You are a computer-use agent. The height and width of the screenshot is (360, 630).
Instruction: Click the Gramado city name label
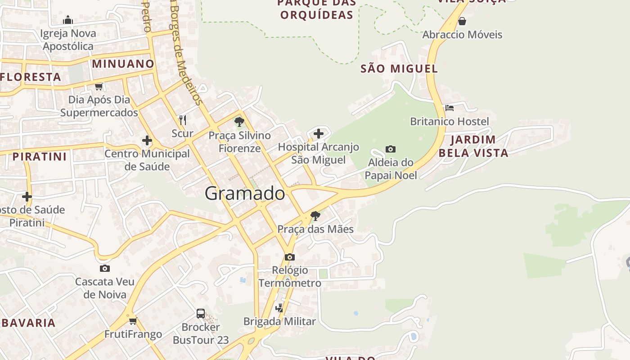245,193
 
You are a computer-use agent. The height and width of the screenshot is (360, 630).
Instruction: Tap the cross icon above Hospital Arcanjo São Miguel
319,133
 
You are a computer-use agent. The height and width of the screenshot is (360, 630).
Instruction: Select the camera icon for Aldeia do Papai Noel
391,149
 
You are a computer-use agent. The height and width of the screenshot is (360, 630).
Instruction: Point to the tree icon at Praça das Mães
315,216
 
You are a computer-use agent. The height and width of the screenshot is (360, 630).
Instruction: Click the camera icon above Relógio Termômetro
290,257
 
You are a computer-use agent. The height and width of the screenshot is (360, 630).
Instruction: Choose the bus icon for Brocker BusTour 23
201,313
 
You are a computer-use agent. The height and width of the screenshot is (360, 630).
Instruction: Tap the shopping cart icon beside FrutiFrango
133,321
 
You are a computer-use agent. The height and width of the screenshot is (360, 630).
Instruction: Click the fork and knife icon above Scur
182,120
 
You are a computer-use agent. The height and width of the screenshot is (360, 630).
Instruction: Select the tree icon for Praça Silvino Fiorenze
239,121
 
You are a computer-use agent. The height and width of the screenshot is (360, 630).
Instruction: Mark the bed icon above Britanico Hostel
449,108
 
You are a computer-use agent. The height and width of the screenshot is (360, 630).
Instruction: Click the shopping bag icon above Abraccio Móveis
462,21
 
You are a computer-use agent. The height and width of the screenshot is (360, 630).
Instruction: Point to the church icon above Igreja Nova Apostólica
68,20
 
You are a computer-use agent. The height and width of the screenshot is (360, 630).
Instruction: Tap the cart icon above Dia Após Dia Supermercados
99,86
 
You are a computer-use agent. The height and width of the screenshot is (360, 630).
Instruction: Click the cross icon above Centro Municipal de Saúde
147,140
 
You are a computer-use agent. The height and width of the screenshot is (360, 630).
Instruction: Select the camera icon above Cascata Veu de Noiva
104,268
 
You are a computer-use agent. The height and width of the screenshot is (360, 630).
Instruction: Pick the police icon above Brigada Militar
279,308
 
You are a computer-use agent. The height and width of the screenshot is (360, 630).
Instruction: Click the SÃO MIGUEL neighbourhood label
399,68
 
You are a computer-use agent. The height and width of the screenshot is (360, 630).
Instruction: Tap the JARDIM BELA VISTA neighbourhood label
473,146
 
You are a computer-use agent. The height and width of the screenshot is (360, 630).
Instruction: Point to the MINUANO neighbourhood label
123,63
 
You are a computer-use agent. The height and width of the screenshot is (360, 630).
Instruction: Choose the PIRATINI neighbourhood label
40,157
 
